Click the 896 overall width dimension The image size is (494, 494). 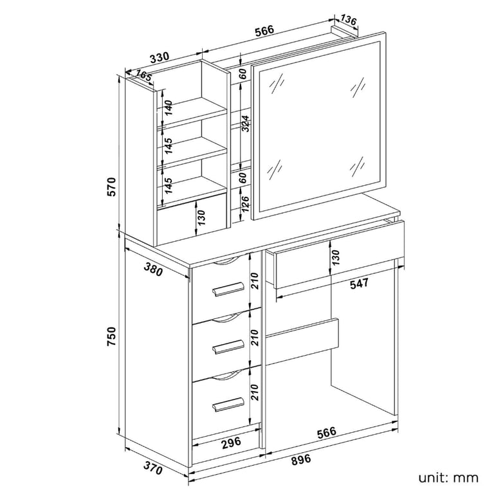pos(300,459)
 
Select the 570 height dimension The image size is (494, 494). pos(112,187)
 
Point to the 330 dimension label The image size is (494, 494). pos(160,58)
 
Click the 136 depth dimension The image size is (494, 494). pos(349,20)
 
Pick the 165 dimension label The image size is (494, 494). pos(143,75)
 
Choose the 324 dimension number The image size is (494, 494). pos(246,123)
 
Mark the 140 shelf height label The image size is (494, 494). pos(169,108)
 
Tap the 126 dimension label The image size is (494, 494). pos(246,204)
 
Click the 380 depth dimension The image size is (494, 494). pos(153,269)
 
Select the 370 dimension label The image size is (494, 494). pos(153,468)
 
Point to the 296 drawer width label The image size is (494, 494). pos(232,443)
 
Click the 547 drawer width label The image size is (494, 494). pos(359,283)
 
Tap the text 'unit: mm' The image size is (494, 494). pos(448,478)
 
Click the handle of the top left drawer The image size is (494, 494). pos(228,289)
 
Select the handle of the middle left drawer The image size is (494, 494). pos(228,347)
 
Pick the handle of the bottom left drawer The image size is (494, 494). pos(228,404)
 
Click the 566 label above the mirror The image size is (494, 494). pos(264,32)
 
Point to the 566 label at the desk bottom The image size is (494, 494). pos(326,432)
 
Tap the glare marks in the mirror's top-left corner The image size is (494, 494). pos(276,84)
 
